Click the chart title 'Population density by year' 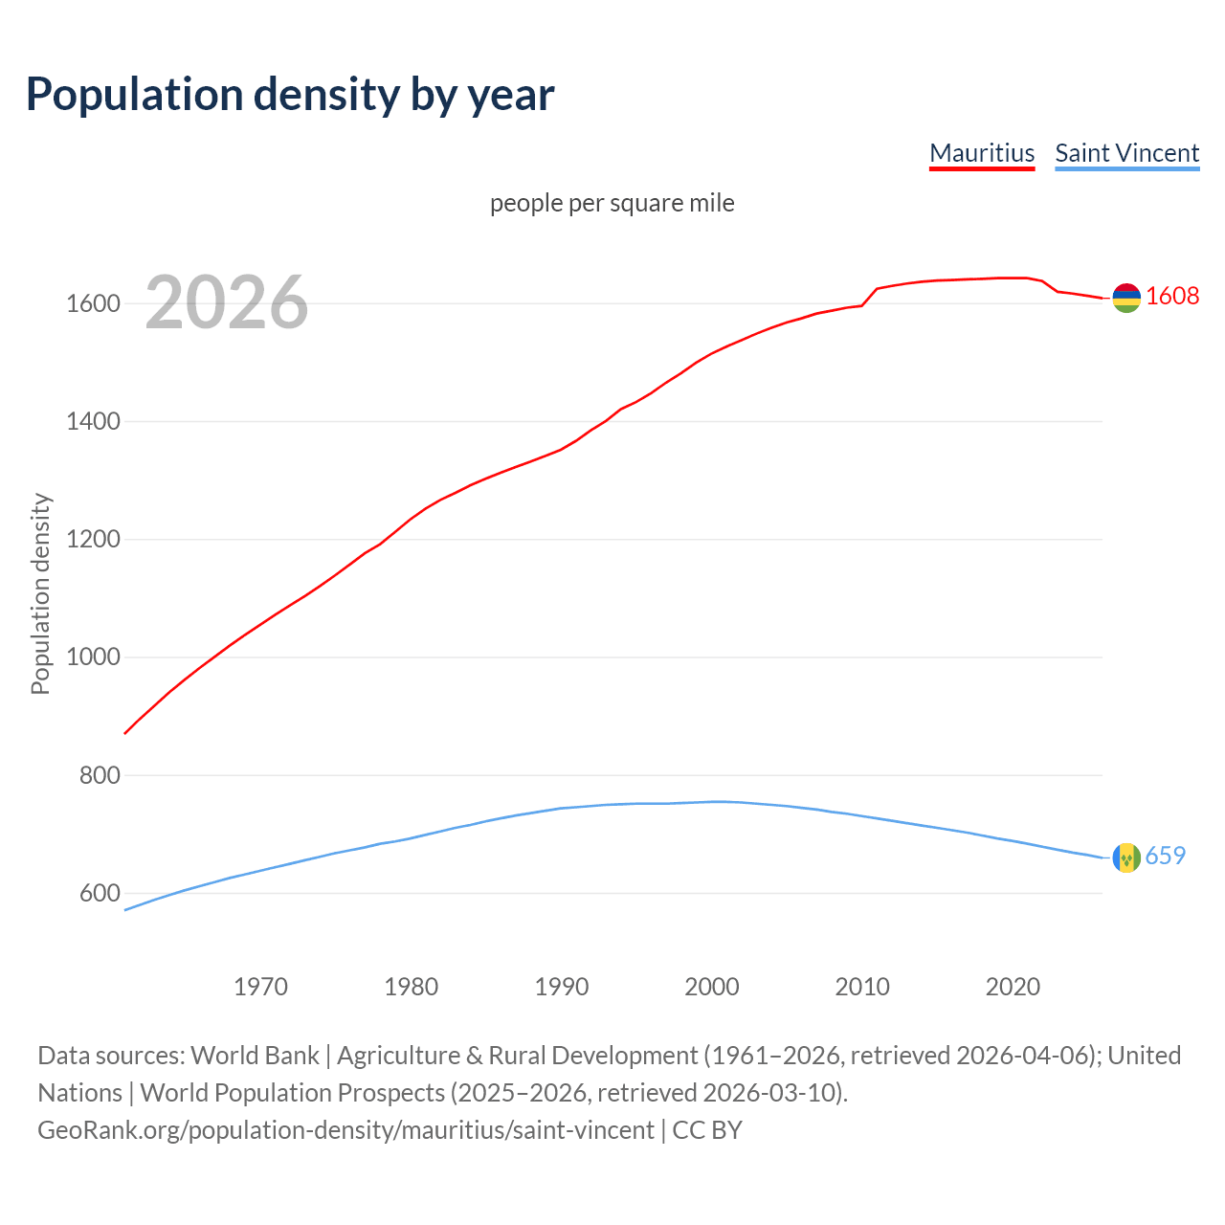pyautogui.click(x=290, y=95)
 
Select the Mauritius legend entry pyautogui.click(x=982, y=153)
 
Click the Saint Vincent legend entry pyautogui.click(x=1126, y=153)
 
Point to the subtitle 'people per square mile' pyautogui.click(x=612, y=203)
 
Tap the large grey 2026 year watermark pyautogui.click(x=227, y=302)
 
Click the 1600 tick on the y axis pyautogui.click(x=93, y=303)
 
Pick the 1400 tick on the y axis pyautogui.click(x=93, y=421)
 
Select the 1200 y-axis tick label pyautogui.click(x=93, y=540)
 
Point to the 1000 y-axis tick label pyautogui.click(x=93, y=657)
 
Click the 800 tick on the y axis pyautogui.click(x=100, y=775)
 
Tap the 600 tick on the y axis pyautogui.click(x=100, y=893)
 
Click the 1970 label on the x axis pyautogui.click(x=260, y=987)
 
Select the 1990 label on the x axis pyautogui.click(x=562, y=987)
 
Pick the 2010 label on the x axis pyautogui.click(x=862, y=987)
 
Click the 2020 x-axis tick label pyautogui.click(x=1013, y=987)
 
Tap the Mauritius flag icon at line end pyautogui.click(x=1126, y=299)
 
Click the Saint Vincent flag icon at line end pyautogui.click(x=1126, y=857)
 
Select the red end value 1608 pyautogui.click(x=1172, y=296)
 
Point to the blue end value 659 pyautogui.click(x=1165, y=856)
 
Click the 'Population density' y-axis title pyautogui.click(x=40, y=593)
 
